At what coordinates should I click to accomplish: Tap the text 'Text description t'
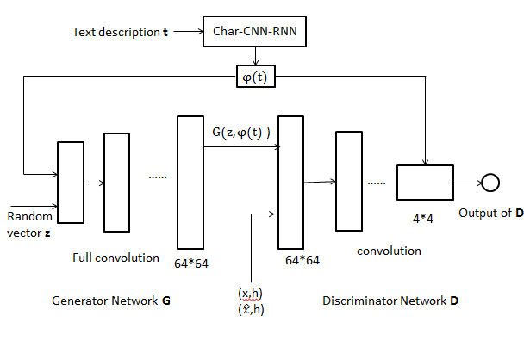coord(120,32)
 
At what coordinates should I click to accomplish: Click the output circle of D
coord(490,183)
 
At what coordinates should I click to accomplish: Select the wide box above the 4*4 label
coord(425,183)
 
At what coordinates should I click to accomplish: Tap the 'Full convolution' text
coord(116,257)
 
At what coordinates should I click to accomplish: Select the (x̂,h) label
coord(251,309)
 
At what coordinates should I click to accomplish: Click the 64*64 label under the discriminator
coord(302,258)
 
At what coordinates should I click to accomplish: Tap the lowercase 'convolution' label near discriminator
coord(389,251)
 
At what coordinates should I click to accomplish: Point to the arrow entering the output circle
coord(467,183)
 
